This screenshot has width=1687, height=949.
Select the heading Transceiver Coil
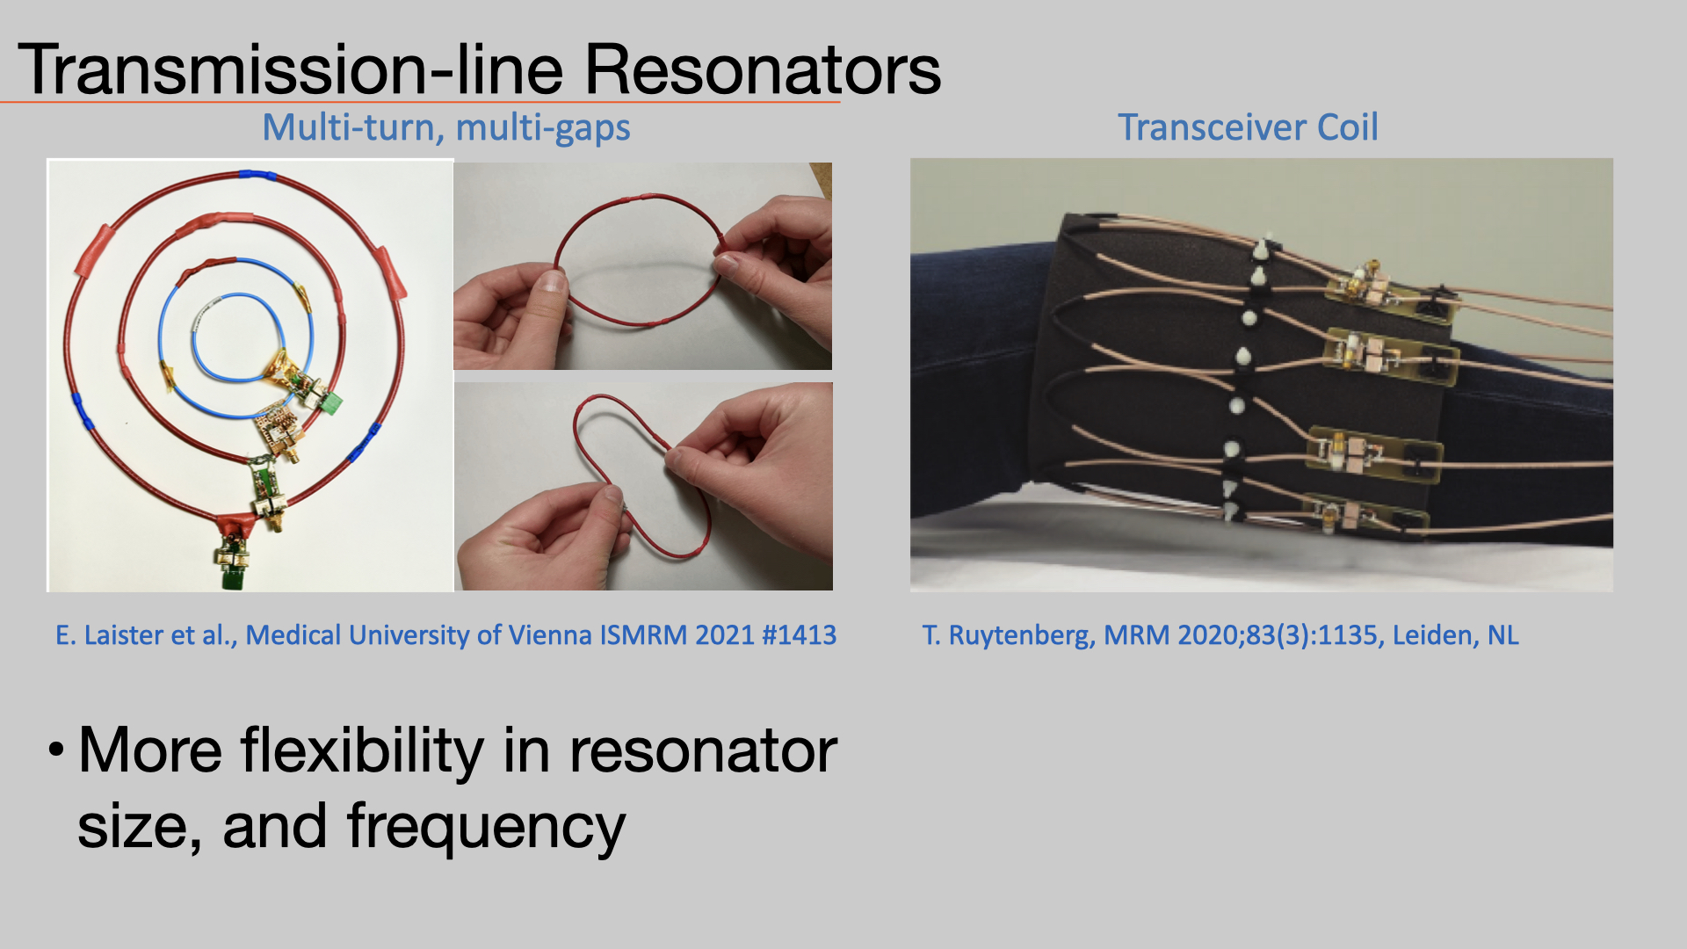(1248, 127)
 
